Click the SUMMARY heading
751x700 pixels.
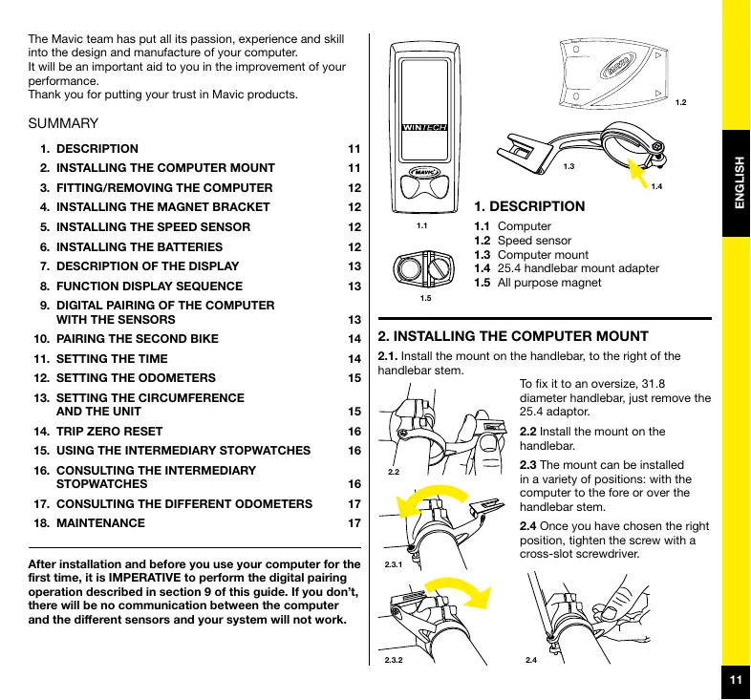[x=64, y=124]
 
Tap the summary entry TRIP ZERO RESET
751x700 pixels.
[x=109, y=431]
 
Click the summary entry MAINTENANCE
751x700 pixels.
[x=100, y=523]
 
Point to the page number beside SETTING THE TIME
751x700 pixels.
[x=354, y=358]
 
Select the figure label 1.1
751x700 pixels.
[x=422, y=226]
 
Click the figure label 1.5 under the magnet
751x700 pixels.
[x=426, y=299]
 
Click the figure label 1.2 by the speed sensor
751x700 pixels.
[x=681, y=100]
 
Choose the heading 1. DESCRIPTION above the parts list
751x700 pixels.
[x=529, y=205]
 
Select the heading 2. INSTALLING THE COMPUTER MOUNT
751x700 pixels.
[x=514, y=336]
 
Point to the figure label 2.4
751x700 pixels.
[x=532, y=660]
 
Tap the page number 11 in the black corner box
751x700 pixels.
[x=735, y=680]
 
